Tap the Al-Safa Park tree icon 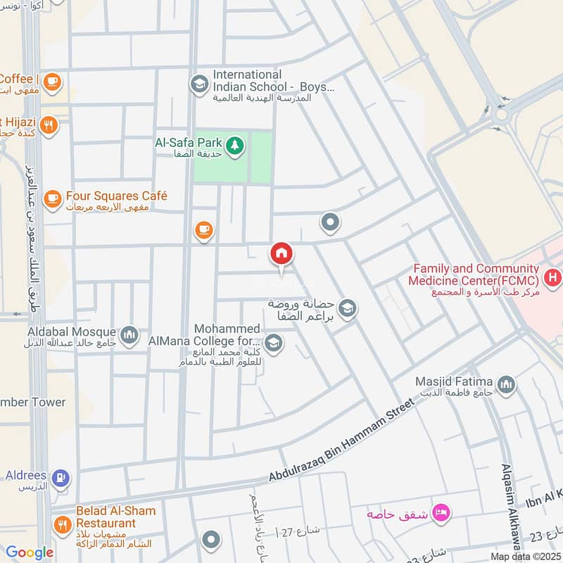pos(235,146)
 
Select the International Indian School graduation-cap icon pos(199,84)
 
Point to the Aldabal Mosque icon pos(129,335)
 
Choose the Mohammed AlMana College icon pos(274,344)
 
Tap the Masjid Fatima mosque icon pos(505,384)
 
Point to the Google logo pos(30,553)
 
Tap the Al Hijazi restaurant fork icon pos(49,126)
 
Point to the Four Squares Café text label pos(116,196)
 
